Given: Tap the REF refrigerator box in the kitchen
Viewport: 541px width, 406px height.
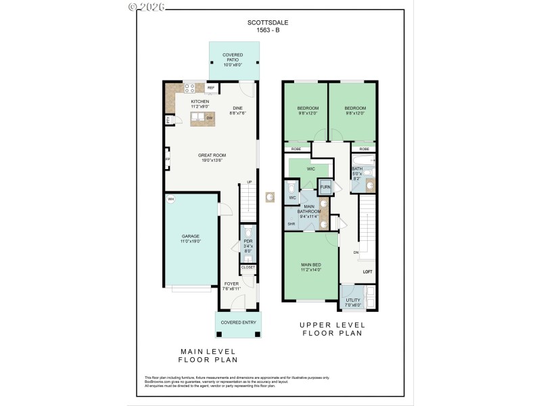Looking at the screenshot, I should click(x=211, y=88).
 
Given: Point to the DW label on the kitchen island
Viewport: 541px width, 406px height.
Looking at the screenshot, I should click(x=209, y=118).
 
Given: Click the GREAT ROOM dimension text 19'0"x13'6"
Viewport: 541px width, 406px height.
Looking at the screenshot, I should click(x=212, y=160).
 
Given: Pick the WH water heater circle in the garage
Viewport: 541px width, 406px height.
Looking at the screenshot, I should click(x=171, y=199).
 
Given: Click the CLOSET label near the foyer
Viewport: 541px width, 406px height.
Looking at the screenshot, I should click(x=248, y=267).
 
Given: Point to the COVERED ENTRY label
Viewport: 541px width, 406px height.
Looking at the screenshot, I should click(x=239, y=322).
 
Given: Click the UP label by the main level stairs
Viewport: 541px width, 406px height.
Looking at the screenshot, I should click(x=249, y=182).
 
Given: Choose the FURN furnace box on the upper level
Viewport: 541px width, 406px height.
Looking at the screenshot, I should click(x=325, y=186).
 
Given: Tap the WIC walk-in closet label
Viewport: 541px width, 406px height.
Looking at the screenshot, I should click(x=310, y=168).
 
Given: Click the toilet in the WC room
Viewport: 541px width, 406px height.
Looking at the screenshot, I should click(x=291, y=186).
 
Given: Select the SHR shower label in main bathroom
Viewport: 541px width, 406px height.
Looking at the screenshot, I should click(x=291, y=223).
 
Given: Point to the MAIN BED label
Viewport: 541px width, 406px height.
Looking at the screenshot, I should click(x=310, y=265).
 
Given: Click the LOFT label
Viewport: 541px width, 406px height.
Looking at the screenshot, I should click(x=367, y=271).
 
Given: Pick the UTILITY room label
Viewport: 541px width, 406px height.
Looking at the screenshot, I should click(x=353, y=300).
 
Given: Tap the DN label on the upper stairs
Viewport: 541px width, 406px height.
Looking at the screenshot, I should click(x=355, y=252).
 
